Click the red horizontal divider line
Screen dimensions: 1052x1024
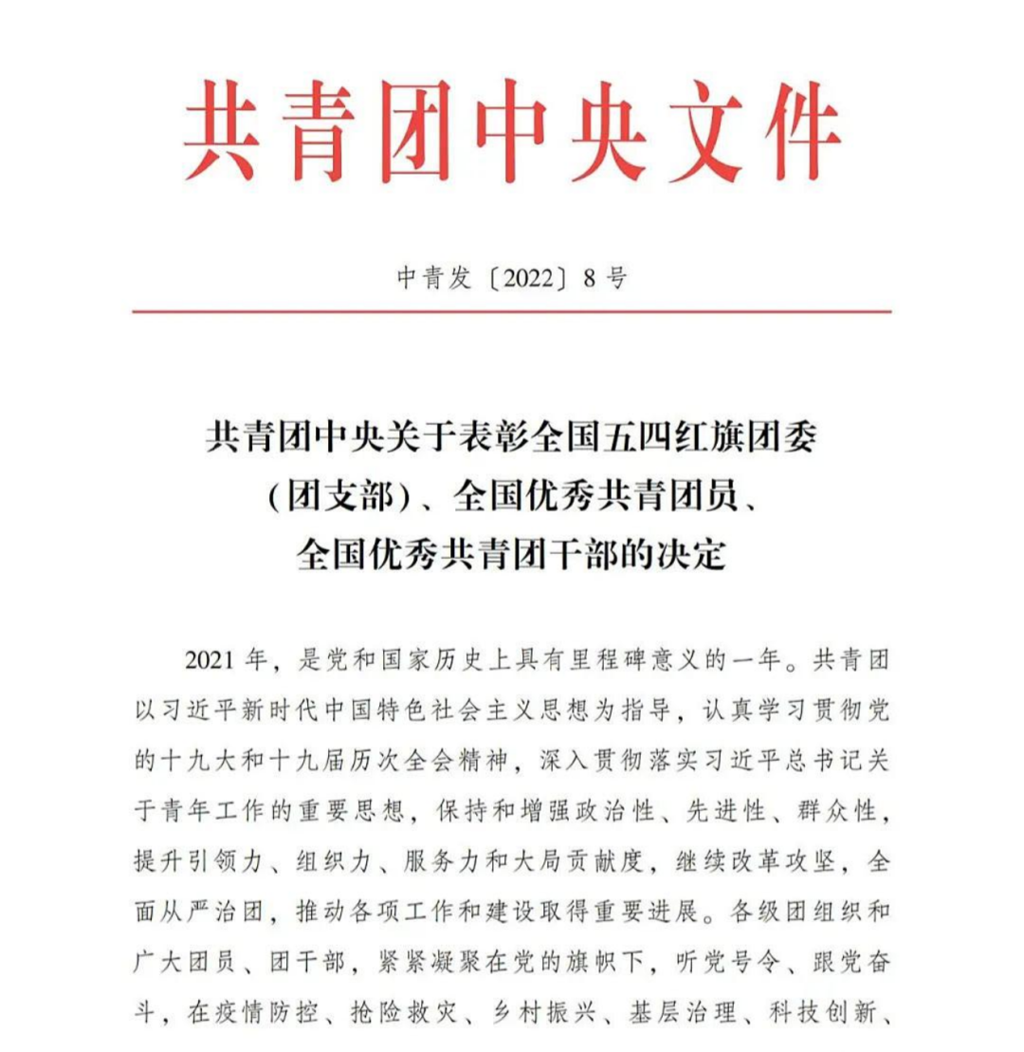[512, 310]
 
